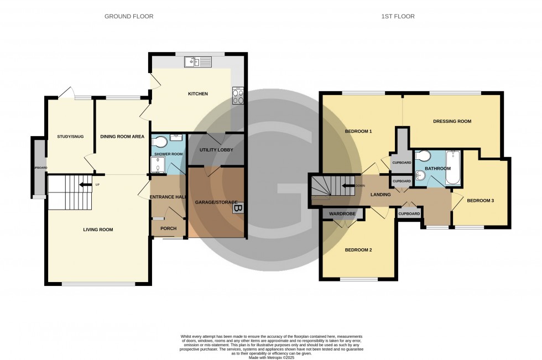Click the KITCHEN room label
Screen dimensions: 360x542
pyautogui.click(x=197, y=94)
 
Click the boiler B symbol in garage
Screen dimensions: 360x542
pyautogui.click(x=237, y=209)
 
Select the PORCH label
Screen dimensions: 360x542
pyautogui.click(x=168, y=228)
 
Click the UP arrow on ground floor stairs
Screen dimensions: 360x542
pyautogui.click(x=84, y=185)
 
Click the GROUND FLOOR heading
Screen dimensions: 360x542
pyautogui.click(x=129, y=17)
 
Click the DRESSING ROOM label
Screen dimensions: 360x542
pyautogui.click(x=452, y=121)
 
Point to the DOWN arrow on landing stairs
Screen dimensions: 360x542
pyautogui.click(x=348, y=186)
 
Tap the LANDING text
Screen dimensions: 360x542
pyautogui.click(x=382, y=195)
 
